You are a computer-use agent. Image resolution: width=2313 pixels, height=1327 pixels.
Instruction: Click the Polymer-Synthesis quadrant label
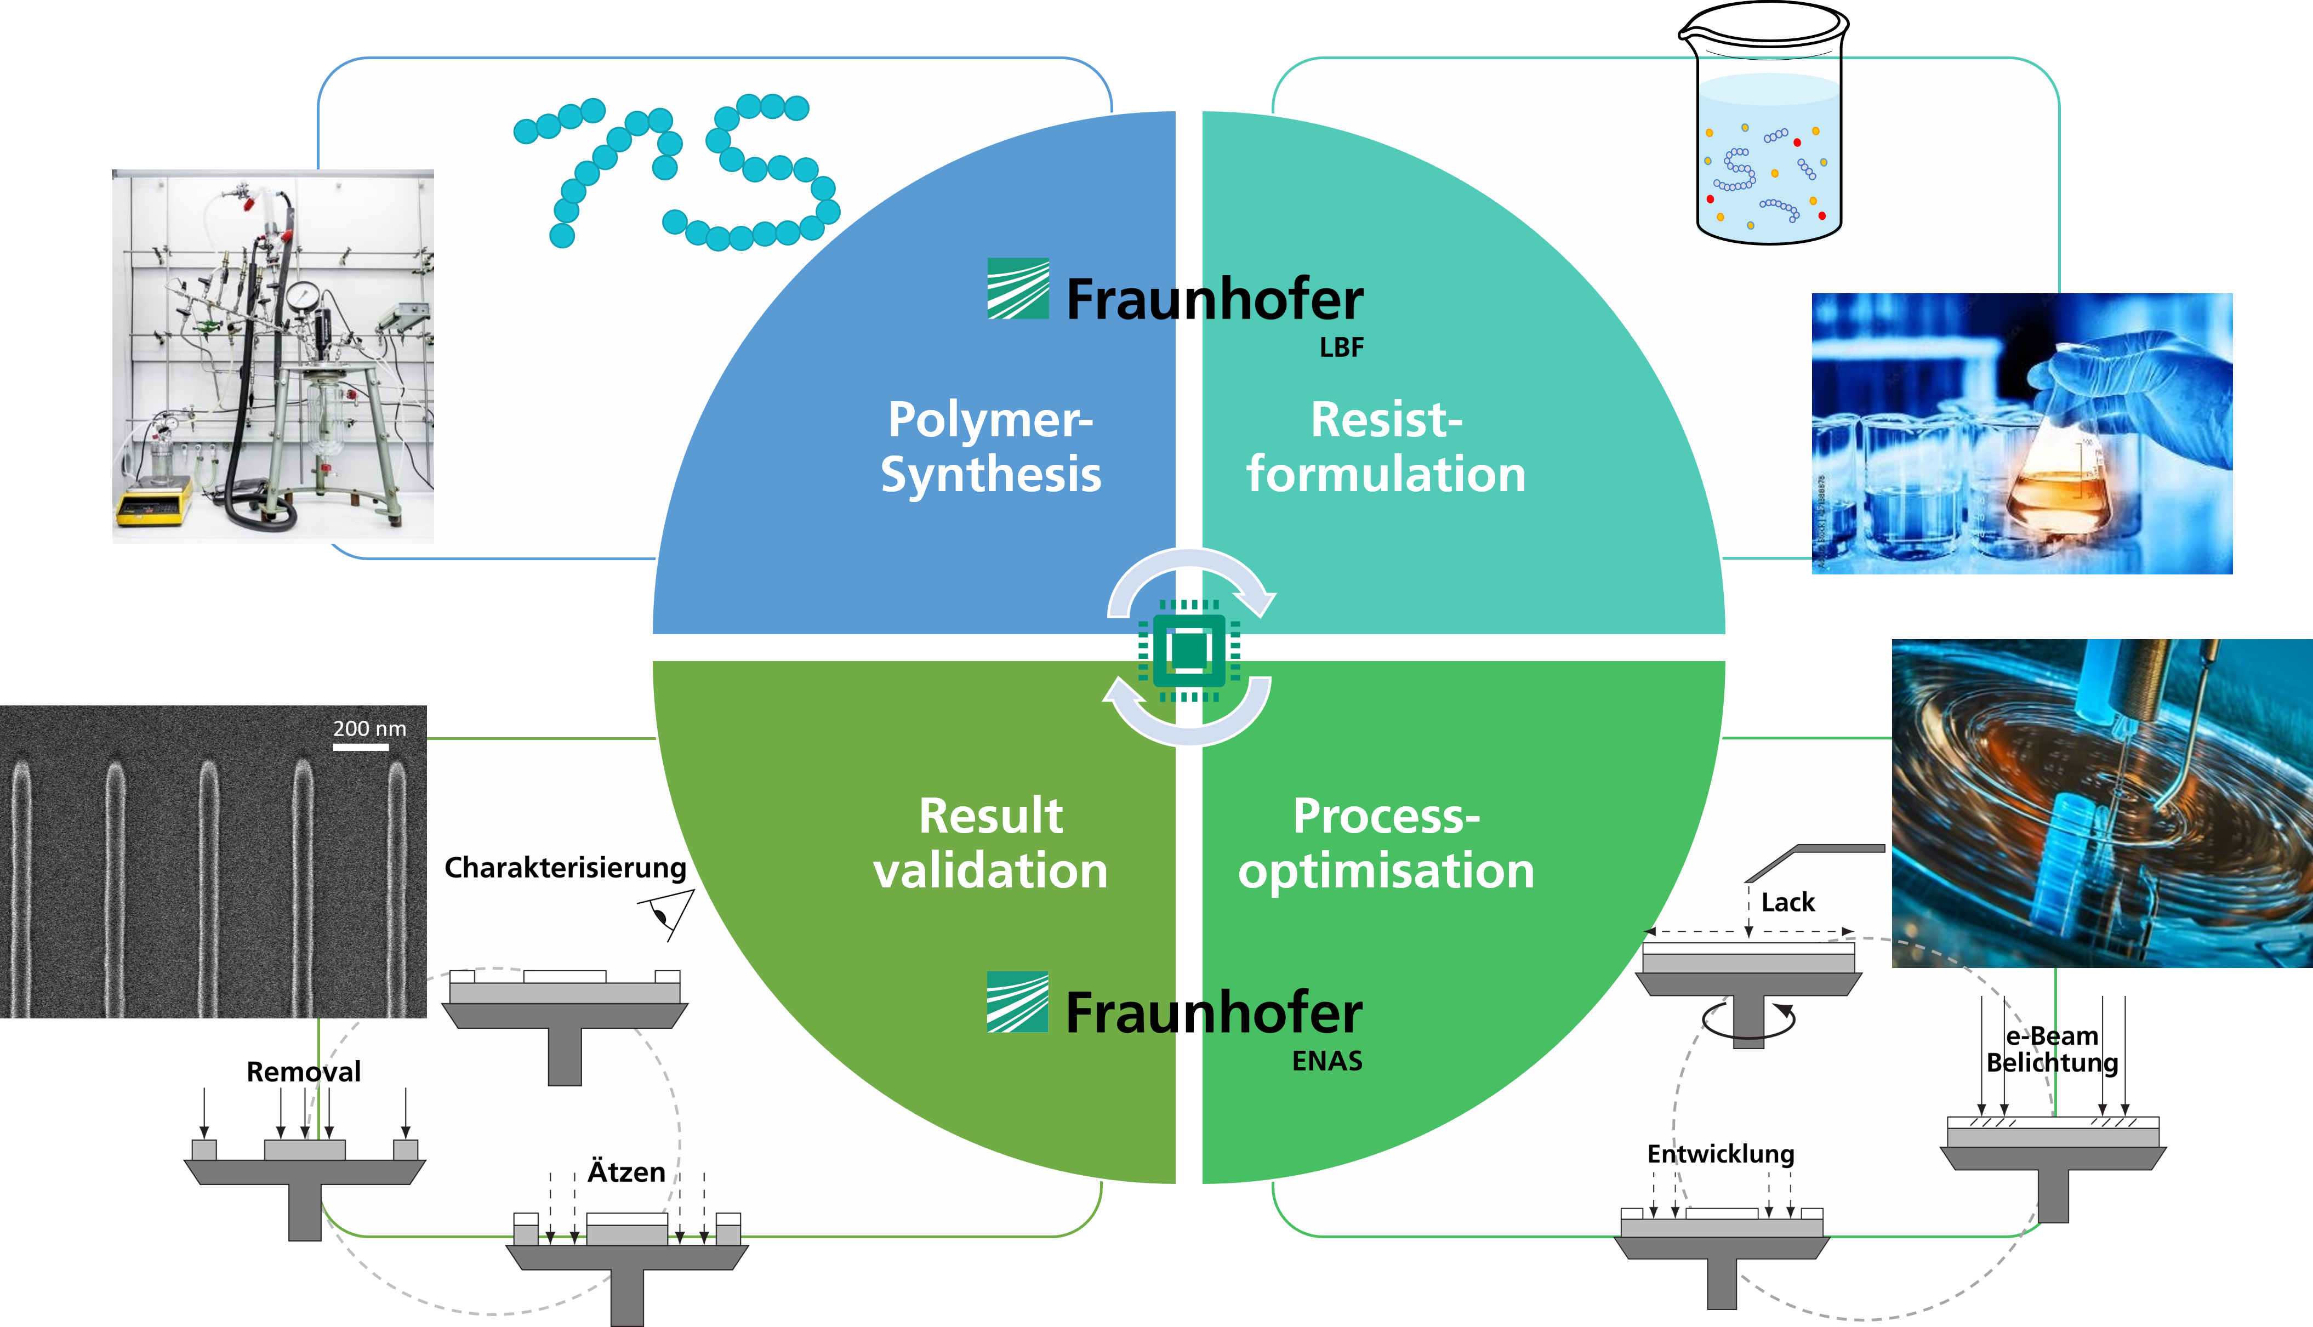pyautogui.click(x=990, y=447)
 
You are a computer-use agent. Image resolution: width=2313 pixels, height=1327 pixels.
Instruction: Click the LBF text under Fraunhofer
pyautogui.click(x=1342, y=348)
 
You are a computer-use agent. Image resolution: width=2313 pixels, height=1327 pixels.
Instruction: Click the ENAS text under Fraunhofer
pyautogui.click(x=1327, y=1061)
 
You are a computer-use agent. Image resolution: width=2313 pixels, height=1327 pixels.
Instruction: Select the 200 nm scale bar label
pyautogui.click(x=369, y=728)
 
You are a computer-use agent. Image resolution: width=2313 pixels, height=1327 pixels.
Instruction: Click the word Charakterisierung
pyautogui.click(x=565, y=868)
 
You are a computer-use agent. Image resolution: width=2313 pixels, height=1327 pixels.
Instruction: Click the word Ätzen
pyautogui.click(x=626, y=1172)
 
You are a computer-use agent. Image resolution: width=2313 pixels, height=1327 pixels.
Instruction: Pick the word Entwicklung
pyautogui.click(x=1720, y=1154)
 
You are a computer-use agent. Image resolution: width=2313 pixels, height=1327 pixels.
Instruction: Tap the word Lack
pyautogui.click(x=1787, y=902)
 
